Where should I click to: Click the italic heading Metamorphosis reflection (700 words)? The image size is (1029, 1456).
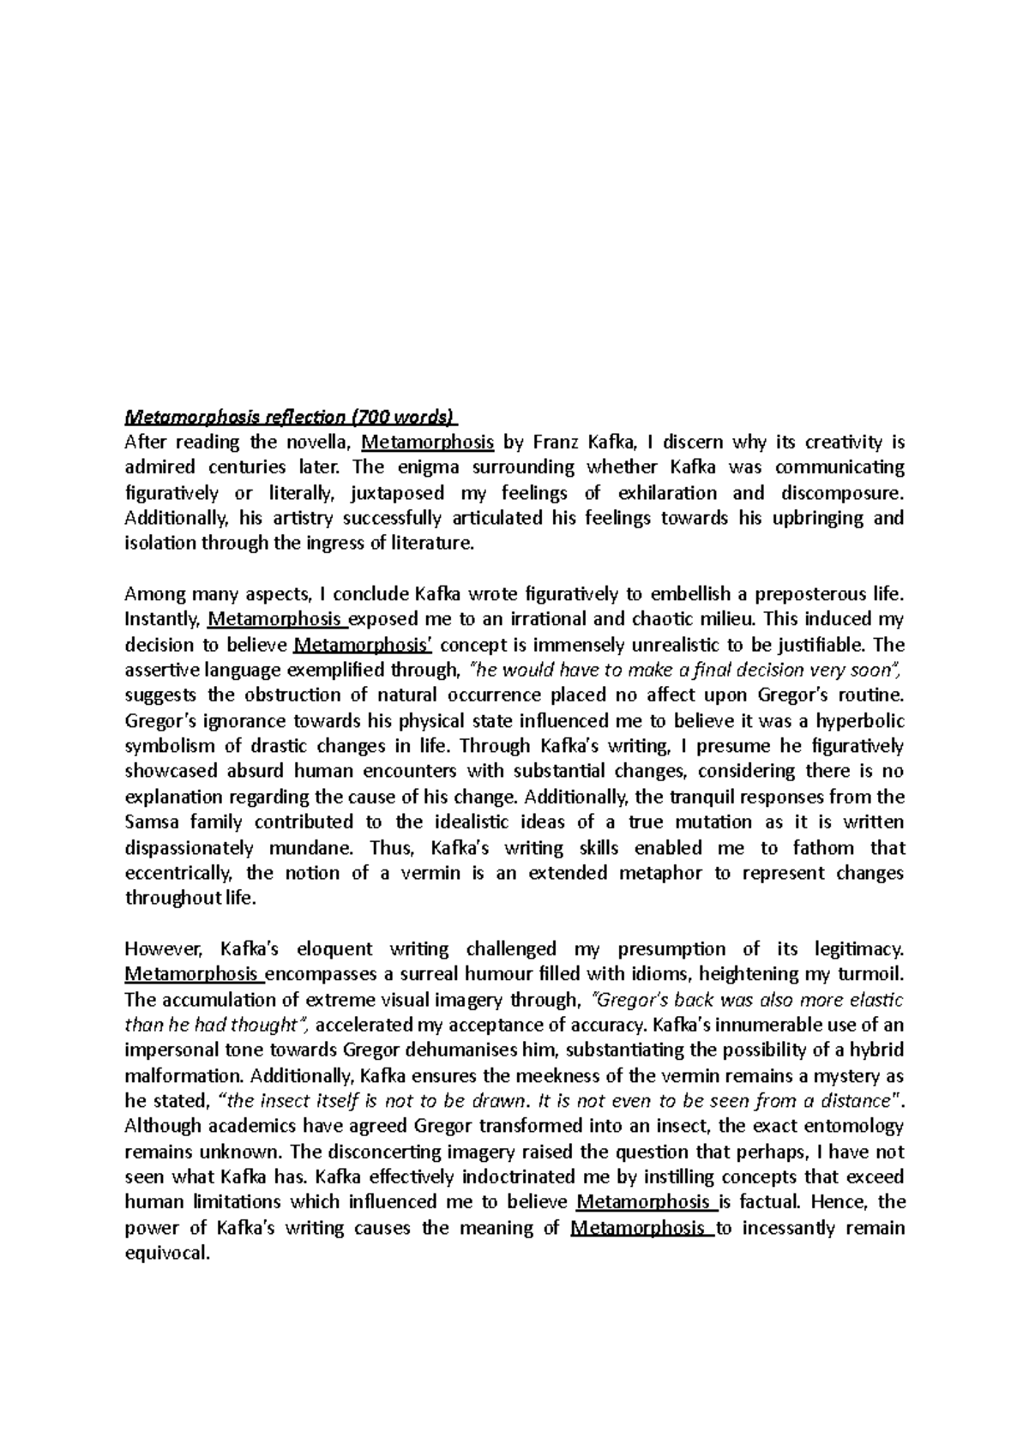pos(292,418)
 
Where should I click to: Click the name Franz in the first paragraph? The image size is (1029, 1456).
pos(557,442)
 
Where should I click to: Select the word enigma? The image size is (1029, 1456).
pos(429,468)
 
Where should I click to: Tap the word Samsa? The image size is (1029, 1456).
pos(153,821)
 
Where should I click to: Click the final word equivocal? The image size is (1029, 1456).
pos(167,1253)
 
